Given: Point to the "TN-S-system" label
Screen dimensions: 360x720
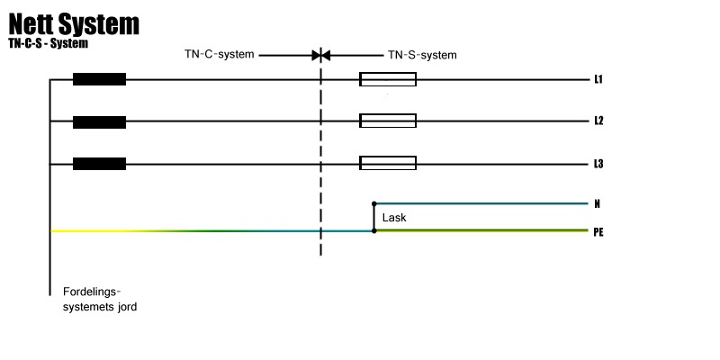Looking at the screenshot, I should coord(422,55).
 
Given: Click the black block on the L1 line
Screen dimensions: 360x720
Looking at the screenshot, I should coord(99,79).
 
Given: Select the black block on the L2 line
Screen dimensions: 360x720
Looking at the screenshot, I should coord(99,121).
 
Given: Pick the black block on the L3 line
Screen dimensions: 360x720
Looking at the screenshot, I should coord(99,164).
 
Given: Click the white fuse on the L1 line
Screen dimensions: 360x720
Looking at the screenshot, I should coord(388,79).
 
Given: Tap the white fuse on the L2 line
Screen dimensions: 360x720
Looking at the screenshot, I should coord(388,121).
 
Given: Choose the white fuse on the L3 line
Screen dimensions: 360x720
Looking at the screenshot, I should coord(388,164).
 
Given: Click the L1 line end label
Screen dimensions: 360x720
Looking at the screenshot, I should coord(598,80).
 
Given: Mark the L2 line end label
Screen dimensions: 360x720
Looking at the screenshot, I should coord(598,121).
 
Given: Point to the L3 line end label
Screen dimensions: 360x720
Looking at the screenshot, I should coord(598,164).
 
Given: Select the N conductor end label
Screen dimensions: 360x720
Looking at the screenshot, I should coord(598,204).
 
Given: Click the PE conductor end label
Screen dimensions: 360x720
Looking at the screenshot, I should coord(598,232).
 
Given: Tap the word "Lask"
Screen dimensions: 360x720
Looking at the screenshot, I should coord(394,218).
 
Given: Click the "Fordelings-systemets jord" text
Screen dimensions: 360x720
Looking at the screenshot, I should coord(99,299).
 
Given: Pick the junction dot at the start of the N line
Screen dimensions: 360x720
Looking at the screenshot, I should coord(374,204).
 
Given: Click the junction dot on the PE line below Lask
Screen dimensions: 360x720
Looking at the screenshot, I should coord(374,231).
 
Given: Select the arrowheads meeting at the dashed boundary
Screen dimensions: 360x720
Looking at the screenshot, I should coord(321,55).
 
